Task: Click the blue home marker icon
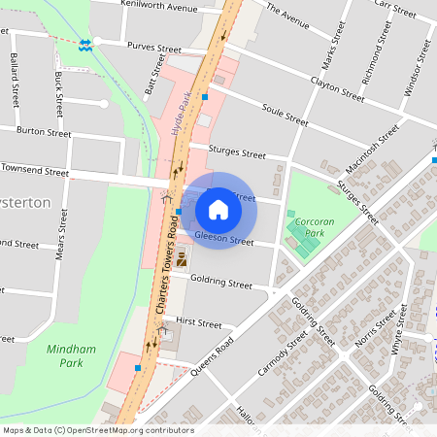218,210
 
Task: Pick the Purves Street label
156,47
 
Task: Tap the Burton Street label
44,131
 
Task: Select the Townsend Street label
35,170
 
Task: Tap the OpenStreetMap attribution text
97,430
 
